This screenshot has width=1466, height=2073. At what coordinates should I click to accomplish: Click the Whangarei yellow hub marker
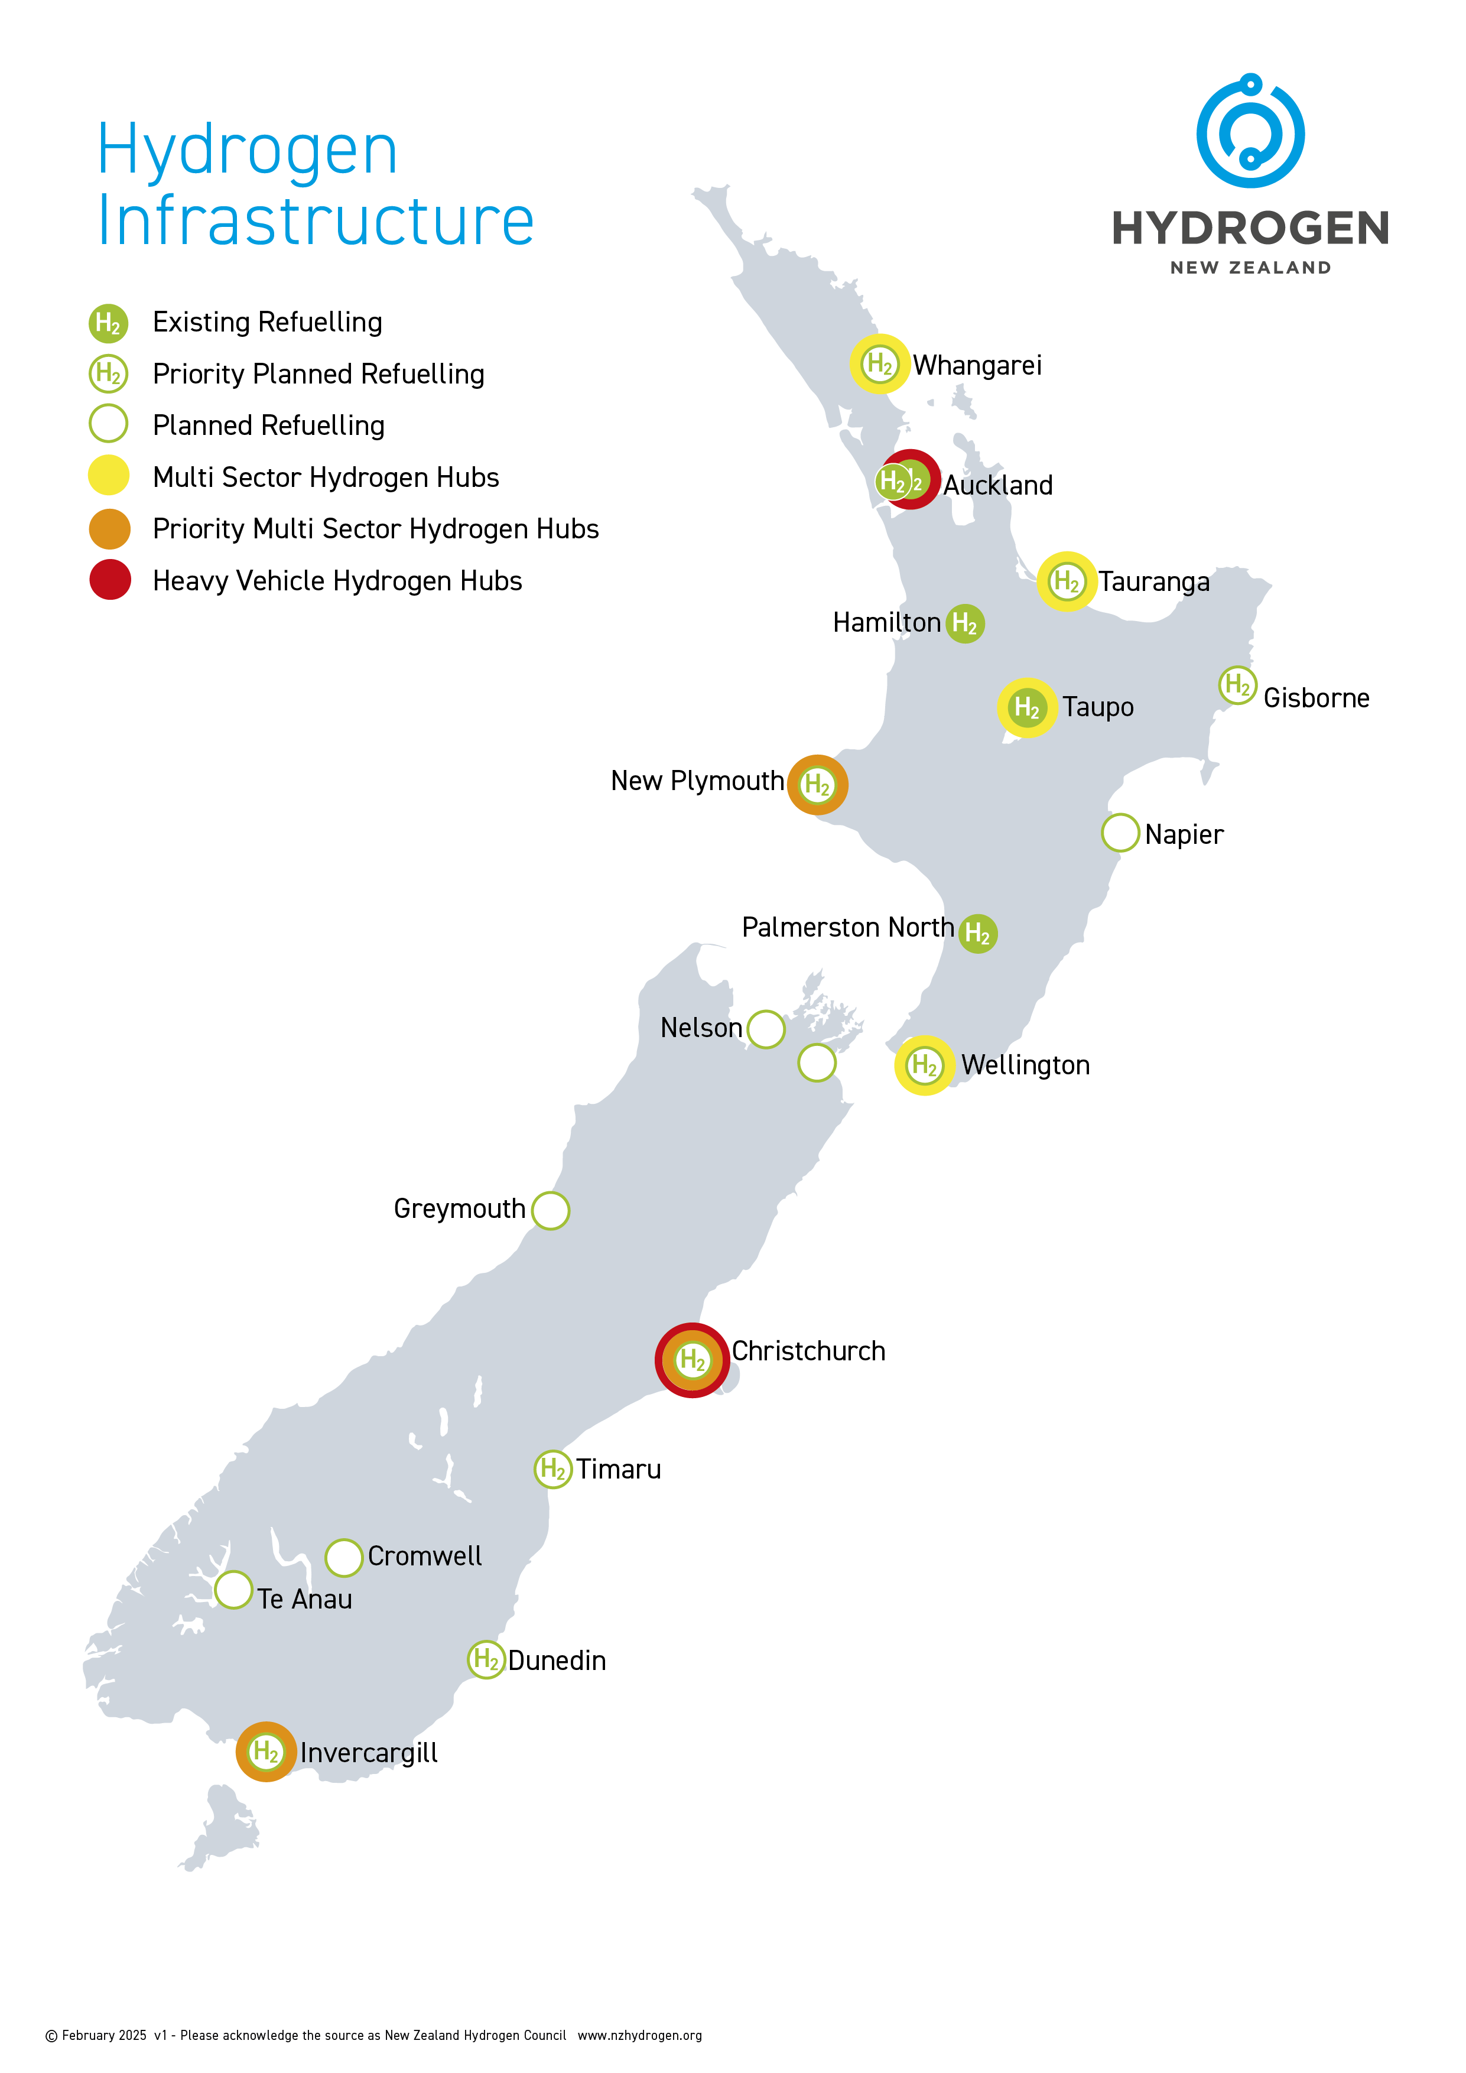pyautogui.click(x=879, y=364)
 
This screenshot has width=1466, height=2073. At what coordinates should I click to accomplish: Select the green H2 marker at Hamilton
pyautogui.click(x=964, y=623)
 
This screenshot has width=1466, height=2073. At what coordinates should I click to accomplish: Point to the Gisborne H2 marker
pyautogui.click(x=1237, y=685)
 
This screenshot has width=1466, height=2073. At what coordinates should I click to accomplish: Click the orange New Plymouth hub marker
pyautogui.click(x=817, y=785)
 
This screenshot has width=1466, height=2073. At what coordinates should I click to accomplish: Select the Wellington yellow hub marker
pyautogui.click(x=924, y=1065)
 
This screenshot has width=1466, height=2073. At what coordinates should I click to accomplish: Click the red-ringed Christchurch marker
pyautogui.click(x=693, y=1360)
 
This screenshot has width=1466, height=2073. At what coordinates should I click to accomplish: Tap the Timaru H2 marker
pyautogui.click(x=552, y=1470)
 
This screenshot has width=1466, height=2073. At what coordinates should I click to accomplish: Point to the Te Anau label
pyautogui.click(x=304, y=1599)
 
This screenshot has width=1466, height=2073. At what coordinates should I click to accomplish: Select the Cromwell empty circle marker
pyautogui.click(x=344, y=1558)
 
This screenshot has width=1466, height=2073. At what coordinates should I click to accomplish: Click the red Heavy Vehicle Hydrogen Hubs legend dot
pyautogui.click(x=109, y=580)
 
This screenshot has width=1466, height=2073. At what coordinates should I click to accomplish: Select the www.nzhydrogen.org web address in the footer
pyautogui.click(x=639, y=2035)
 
